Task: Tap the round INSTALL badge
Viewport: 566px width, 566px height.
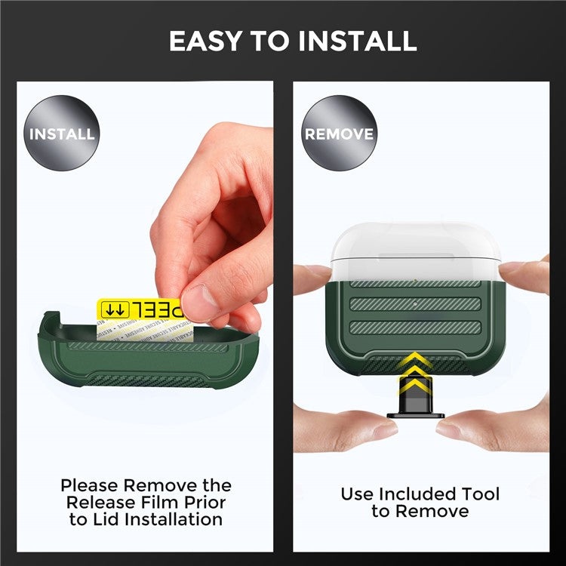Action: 62,134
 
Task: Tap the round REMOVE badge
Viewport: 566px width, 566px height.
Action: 339,134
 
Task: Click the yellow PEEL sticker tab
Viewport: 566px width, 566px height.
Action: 140,309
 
